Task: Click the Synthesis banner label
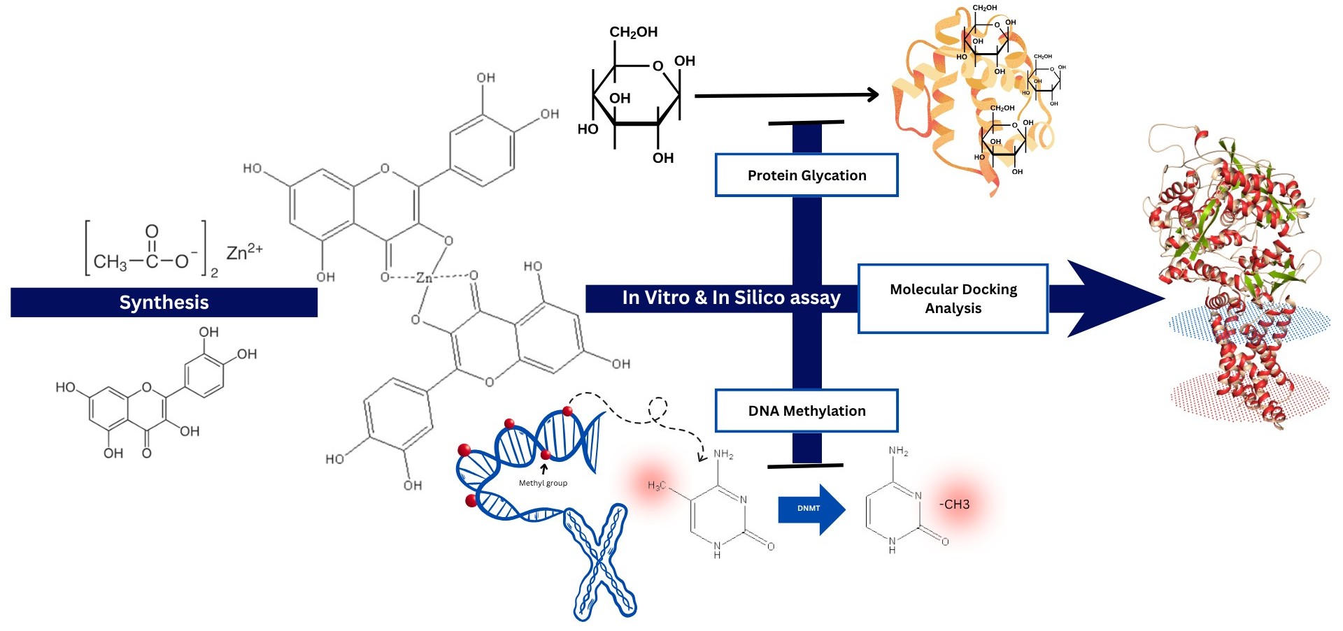click(x=164, y=303)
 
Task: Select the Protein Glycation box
click(x=806, y=175)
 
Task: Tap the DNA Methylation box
click(x=806, y=411)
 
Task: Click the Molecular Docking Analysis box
click(x=953, y=298)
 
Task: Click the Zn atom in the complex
click(x=424, y=277)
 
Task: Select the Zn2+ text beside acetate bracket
click(x=244, y=252)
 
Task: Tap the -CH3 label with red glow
click(x=954, y=505)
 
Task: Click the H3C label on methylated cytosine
click(x=656, y=486)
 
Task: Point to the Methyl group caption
click(x=543, y=483)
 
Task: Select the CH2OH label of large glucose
click(x=633, y=32)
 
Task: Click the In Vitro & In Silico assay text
click(x=731, y=298)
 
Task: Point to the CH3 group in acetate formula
click(x=111, y=262)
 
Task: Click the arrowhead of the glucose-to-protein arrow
click(x=872, y=94)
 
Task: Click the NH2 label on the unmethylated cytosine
click(x=898, y=451)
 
